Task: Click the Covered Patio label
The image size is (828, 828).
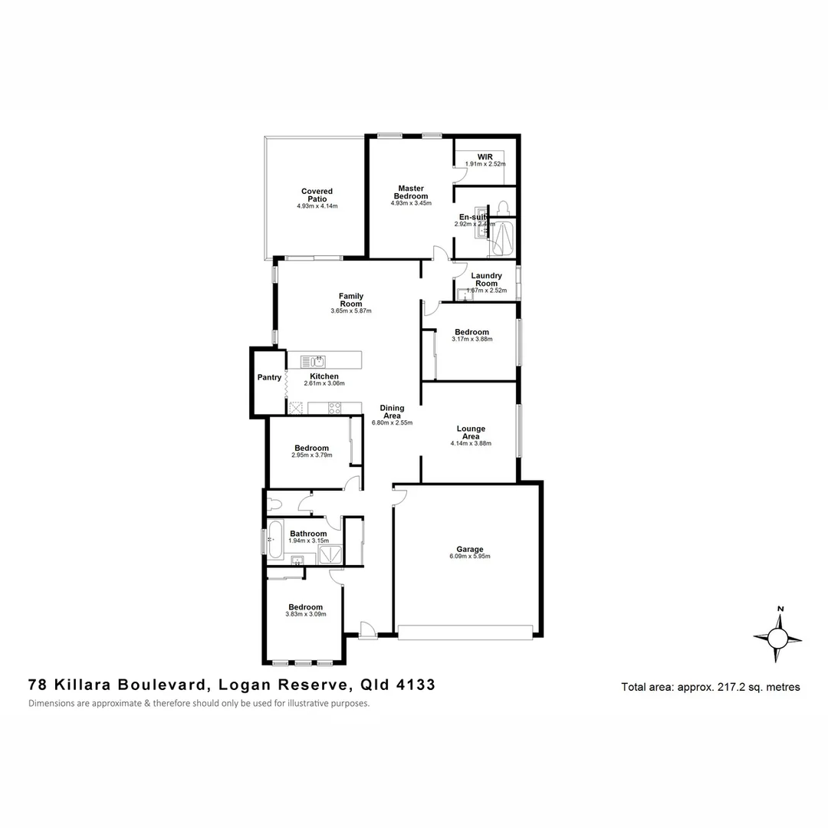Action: point(317,195)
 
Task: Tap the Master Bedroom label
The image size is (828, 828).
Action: point(411,192)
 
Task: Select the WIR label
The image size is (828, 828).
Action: point(485,156)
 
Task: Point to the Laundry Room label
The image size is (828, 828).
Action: point(486,279)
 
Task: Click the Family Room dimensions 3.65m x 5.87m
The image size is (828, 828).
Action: point(350,311)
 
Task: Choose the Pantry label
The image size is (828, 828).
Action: point(269,377)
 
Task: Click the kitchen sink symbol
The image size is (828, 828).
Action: point(313,360)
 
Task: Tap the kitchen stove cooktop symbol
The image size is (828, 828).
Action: point(336,408)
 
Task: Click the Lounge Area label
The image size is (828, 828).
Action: point(471,432)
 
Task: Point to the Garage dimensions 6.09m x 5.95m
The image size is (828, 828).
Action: point(470,557)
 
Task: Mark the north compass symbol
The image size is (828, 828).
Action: point(778,638)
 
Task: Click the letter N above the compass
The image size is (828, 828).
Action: point(780,609)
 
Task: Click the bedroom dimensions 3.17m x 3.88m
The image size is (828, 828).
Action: point(472,339)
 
